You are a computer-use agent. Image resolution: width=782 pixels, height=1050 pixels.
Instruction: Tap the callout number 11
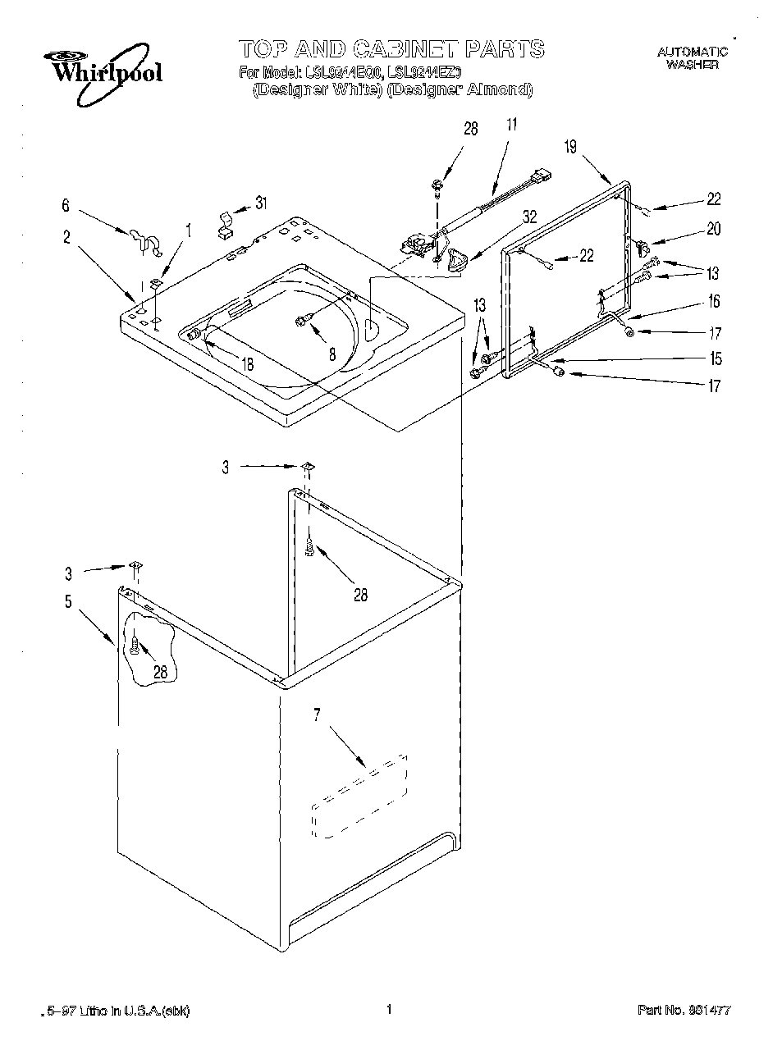point(511,126)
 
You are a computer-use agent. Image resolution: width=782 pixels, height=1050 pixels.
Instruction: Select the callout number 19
point(570,147)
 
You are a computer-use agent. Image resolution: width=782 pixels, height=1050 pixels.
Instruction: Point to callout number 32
point(529,217)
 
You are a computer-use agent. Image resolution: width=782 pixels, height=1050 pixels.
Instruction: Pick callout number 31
point(260,203)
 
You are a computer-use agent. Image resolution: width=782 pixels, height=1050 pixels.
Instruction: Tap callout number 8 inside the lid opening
point(332,354)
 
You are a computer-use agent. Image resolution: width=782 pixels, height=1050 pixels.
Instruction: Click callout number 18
point(247,364)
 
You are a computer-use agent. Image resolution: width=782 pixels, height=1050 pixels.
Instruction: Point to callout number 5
point(68,601)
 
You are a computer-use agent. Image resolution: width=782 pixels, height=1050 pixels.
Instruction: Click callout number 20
point(713,229)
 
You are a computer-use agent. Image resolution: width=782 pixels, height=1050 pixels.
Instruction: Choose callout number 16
point(713,302)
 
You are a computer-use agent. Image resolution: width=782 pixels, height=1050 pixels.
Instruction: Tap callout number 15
point(716,358)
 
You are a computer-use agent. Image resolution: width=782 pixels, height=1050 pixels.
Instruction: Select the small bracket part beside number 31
point(224,224)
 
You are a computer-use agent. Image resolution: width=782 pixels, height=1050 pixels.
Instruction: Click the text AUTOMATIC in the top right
point(692,52)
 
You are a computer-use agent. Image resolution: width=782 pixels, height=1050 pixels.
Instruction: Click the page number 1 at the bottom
point(390,1009)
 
